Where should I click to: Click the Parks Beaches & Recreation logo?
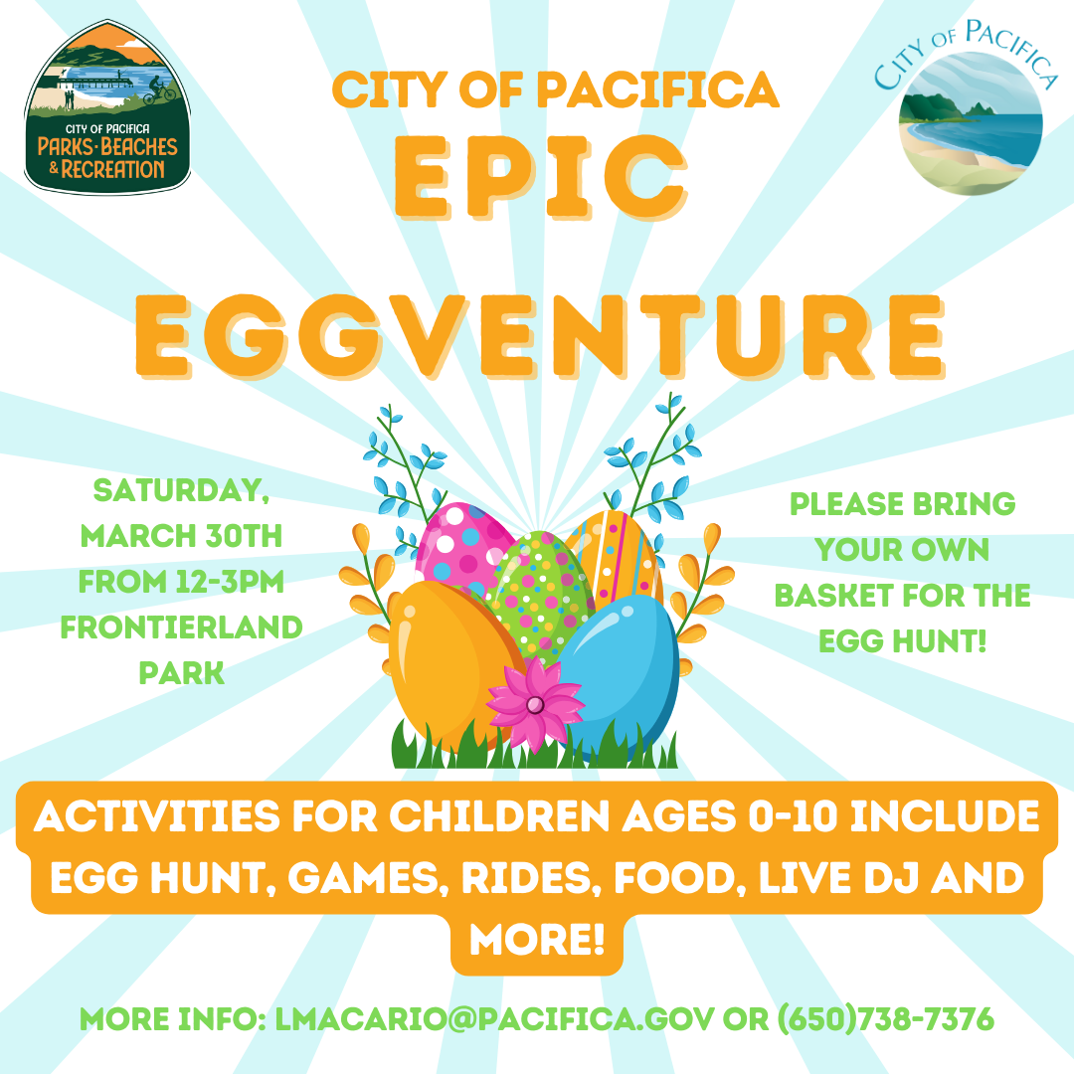tap(107, 107)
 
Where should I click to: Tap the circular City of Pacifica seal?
tap(971, 123)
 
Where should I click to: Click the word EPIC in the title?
tap(540, 177)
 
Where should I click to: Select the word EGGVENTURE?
tap(540, 336)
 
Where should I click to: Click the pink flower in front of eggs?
tap(535, 702)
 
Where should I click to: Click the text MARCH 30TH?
tap(181, 536)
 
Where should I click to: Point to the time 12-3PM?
tap(230, 582)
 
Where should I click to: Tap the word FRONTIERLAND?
tap(182, 627)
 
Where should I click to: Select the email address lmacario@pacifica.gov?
tap(494, 1019)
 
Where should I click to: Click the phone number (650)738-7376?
tap(885, 1019)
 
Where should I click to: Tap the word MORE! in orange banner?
tap(537, 939)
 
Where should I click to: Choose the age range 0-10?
tap(793, 816)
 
